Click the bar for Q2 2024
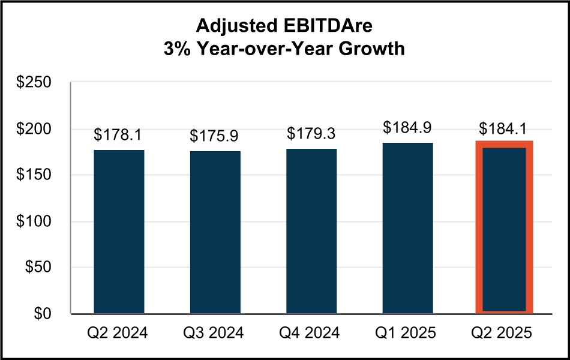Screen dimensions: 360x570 pos(119,232)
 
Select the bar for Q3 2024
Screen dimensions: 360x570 pos(215,232)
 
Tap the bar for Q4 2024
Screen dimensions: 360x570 pos(311,231)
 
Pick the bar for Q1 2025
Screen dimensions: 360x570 pos(408,228)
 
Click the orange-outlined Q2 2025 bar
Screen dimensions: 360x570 pos(504,228)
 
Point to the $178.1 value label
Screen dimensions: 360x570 pos(119,135)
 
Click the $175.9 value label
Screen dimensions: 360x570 pos(215,136)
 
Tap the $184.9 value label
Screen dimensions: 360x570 pos(408,128)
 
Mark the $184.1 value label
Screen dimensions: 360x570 pos(504,129)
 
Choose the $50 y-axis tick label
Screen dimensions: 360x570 pos(41,268)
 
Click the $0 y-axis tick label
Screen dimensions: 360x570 pos(46,314)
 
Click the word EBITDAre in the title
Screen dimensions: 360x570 pos(338,26)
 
